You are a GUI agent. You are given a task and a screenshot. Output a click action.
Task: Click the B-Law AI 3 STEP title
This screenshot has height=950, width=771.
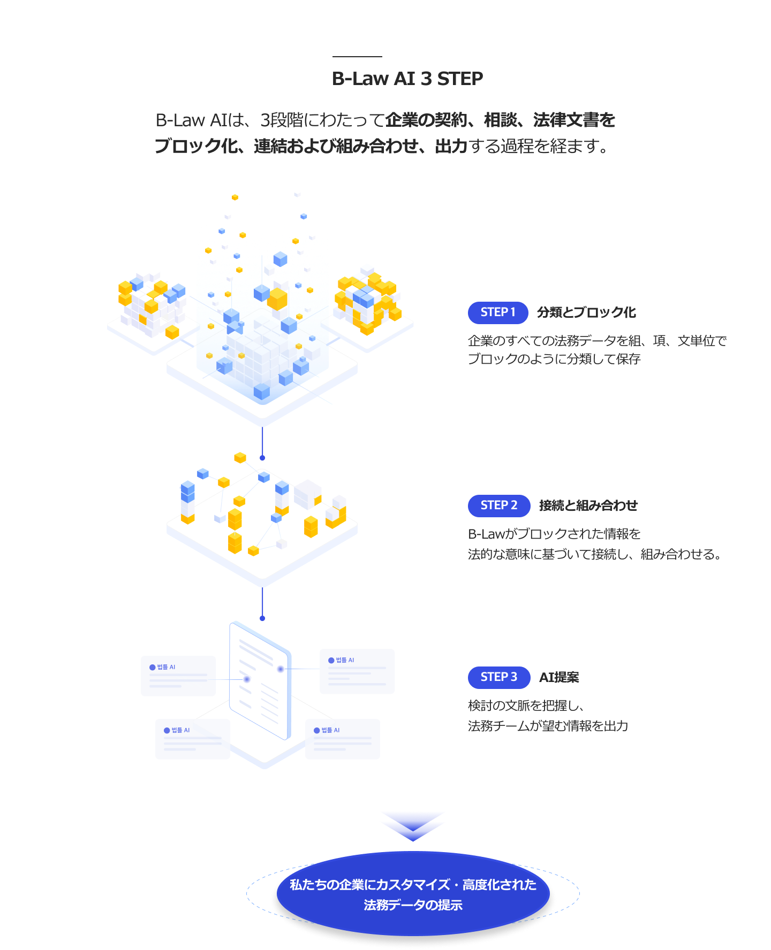407,79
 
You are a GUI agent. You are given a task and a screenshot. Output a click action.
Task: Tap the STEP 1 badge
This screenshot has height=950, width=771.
498,312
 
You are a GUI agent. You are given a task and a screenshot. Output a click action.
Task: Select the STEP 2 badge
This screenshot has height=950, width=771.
499,505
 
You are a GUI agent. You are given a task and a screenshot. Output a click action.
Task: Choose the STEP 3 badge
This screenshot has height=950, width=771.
499,677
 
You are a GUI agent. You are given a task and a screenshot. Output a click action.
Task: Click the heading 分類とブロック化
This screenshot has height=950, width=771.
586,312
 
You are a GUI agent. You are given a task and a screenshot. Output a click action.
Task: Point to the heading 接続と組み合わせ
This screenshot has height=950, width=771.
588,505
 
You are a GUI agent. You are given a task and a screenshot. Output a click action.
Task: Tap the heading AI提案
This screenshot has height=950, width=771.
559,677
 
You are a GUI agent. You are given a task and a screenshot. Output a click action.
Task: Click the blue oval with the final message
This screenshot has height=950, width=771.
413,894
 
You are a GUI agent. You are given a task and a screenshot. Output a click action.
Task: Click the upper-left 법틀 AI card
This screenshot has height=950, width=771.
178,676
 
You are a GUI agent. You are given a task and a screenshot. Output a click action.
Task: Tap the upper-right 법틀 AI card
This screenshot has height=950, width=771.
357,671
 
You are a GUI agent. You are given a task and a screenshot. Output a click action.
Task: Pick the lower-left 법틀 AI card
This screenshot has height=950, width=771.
193,739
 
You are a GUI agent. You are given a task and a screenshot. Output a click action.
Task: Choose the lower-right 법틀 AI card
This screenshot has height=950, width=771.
343,739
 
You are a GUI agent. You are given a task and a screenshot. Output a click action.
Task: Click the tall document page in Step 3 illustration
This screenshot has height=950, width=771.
260,679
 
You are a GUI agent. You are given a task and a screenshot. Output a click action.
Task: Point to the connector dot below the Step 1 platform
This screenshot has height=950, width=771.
262,458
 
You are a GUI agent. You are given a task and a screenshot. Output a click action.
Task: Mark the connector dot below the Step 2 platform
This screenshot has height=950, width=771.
262,618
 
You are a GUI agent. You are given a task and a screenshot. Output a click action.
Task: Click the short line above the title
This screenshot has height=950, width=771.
357,56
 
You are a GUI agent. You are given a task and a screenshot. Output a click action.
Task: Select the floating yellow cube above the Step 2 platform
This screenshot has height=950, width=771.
240,458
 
